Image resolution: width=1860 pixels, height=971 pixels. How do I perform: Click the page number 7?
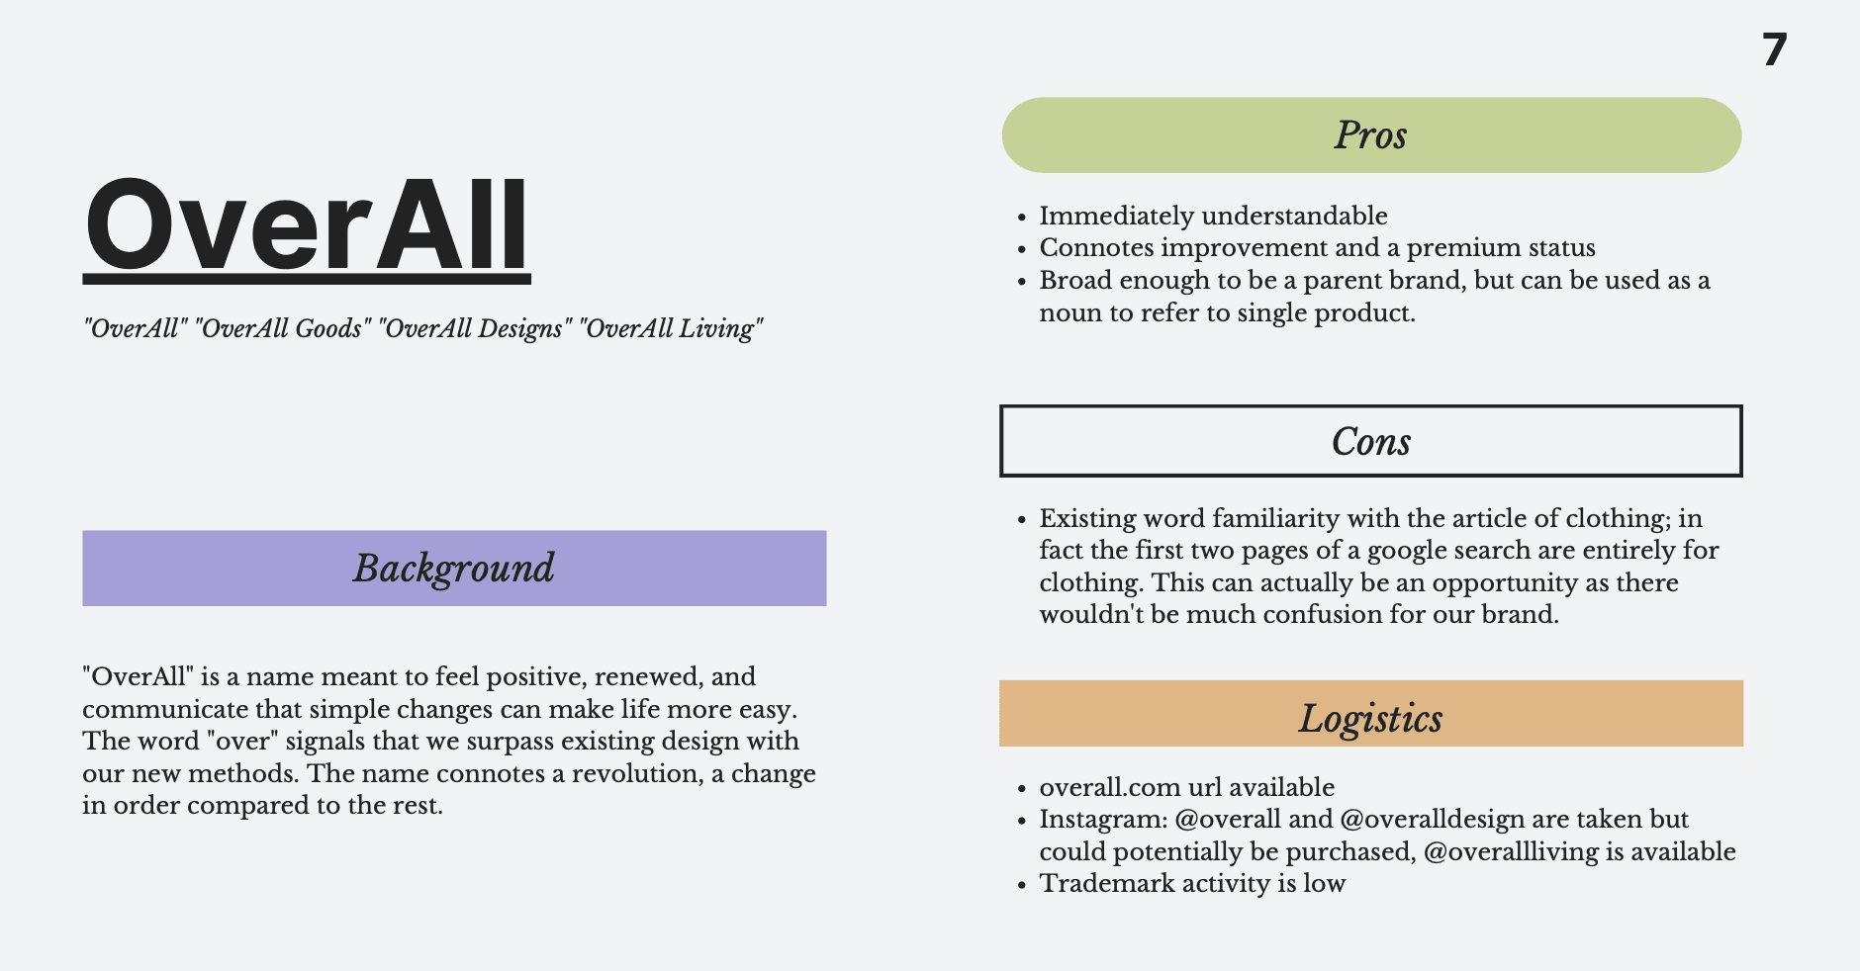coord(1775,49)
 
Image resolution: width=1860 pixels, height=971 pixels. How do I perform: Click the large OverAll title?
coord(307,226)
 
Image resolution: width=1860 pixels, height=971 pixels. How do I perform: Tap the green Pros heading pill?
coord(1371,135)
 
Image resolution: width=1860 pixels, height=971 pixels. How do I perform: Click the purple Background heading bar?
coord(454,569)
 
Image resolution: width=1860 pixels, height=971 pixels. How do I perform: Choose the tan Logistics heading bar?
coord(1371,714)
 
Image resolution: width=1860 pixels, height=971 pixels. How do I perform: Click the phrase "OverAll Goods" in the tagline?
coord(281,328)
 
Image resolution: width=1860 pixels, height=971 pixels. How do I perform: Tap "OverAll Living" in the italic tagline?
coord(672,328)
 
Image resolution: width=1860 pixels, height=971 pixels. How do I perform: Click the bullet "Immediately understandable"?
coord(1213,216)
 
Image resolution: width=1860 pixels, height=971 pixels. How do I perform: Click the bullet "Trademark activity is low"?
coord(1192,883)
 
